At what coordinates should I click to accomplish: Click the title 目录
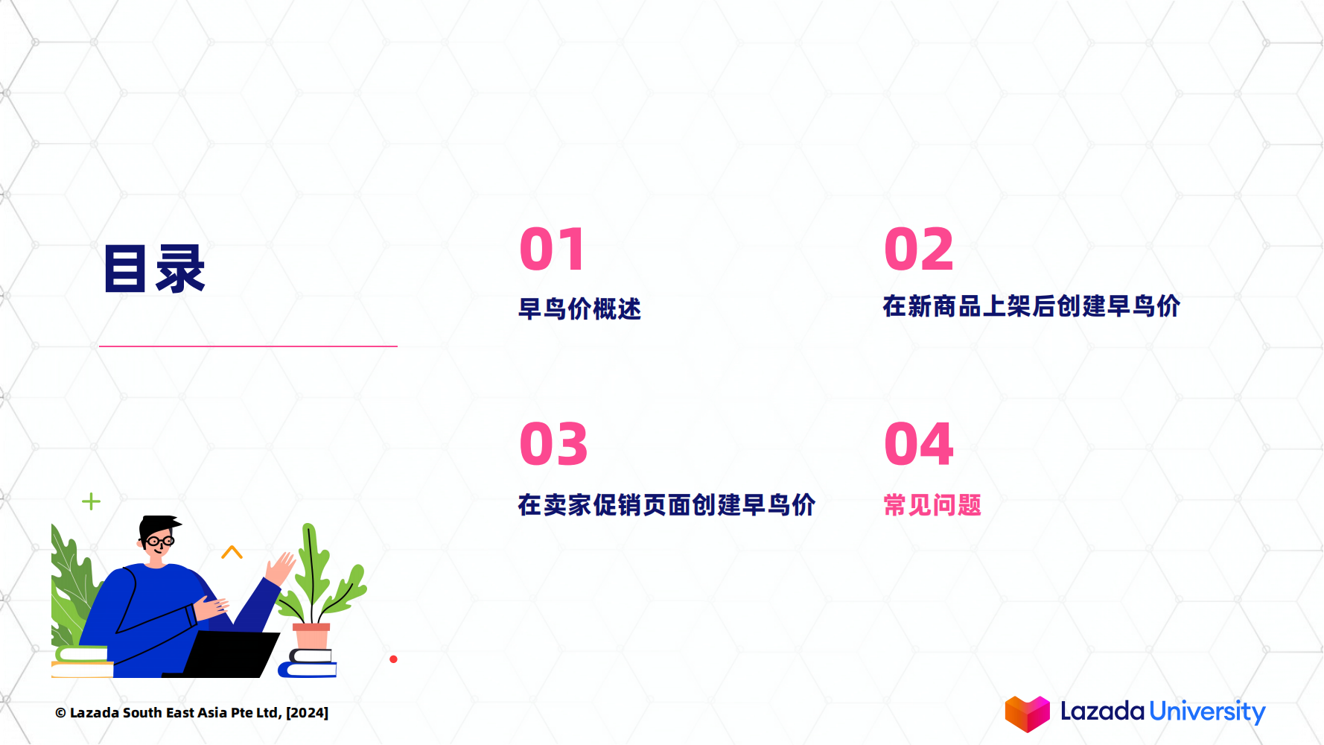[x=154, y=268]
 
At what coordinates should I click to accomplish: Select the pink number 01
[x=553, y=250]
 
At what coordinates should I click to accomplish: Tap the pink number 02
[x=918, y=250]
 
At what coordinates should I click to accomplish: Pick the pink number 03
[x=553, y=444]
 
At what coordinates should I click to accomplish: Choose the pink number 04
[x=918, y=444]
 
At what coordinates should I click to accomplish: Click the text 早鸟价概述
[x=579, y=308]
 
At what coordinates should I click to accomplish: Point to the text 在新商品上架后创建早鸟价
[x=1031, y=306]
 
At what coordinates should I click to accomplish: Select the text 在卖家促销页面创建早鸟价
[x=666, y=505]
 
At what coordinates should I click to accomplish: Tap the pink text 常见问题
[x=932, y=505]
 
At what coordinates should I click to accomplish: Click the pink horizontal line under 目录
[x=248, y=346]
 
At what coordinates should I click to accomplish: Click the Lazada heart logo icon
[x=1027, y=714]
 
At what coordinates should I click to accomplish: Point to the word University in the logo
[x=1207, y=711]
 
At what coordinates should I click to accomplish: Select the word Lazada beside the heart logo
[x=1102, y=711]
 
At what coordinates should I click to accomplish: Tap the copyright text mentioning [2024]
[x=191, y=713]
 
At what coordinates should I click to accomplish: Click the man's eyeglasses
[x=159, y=541]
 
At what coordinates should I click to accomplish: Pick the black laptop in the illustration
[x=230, y=654]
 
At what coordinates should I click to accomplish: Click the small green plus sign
[x=91, y=501]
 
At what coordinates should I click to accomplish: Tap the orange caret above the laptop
[x=232, y=552]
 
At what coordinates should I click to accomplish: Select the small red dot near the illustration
[x=393, y=659]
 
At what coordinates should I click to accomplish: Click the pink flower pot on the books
[x=311, y=637]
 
